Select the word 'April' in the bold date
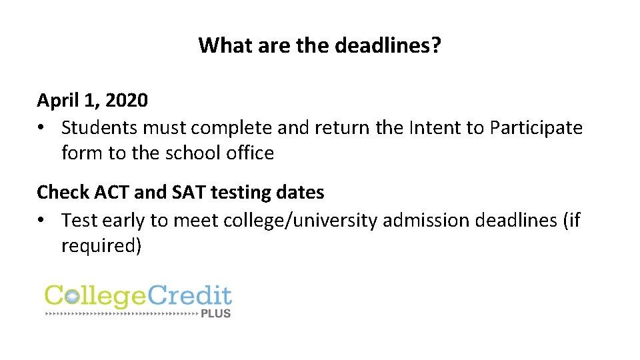pos(55,101)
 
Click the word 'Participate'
pos(536,127)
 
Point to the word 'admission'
pos(426,219)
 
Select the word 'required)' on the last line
pos(101,246)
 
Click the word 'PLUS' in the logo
pos(215,312)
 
